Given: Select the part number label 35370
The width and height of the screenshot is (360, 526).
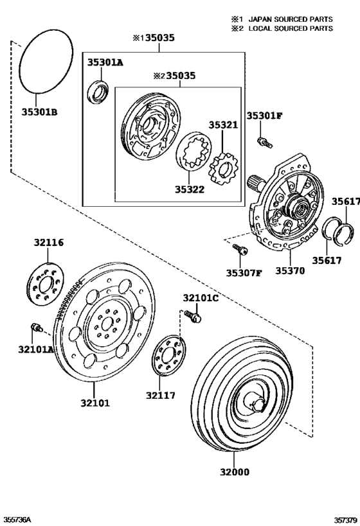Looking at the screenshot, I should (x=290, y=271).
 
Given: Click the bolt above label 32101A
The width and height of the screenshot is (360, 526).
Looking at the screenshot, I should (x=37, y=329).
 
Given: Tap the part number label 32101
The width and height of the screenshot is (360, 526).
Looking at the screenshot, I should (x=95, y=403).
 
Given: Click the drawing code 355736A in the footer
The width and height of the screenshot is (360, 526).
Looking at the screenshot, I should (x=17, y=518).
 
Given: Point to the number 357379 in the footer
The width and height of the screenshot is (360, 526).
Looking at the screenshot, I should (x=343, y=518).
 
